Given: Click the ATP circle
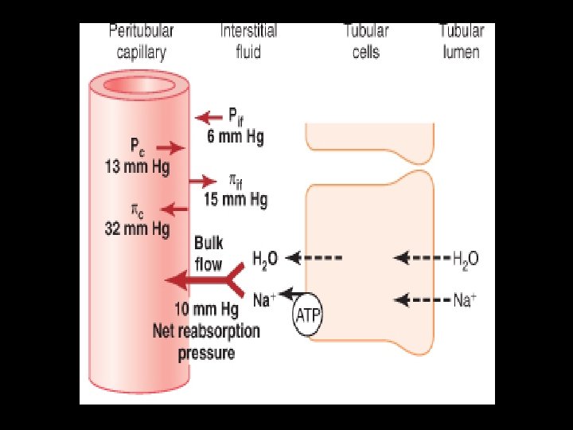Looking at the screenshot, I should point(307,316).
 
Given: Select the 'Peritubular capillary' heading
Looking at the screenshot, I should point(141,42).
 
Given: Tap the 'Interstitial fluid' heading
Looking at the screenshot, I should point(248,42).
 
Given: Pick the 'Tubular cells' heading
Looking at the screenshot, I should point(366,42).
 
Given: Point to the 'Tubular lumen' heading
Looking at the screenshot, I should point(462,42).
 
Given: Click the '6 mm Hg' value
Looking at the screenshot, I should point(236,136).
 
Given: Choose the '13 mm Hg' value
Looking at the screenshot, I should point(138,168).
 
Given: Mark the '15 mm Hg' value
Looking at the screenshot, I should point(236,199).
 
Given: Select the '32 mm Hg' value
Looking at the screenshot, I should point(138,230).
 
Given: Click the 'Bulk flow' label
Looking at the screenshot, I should point(209,252).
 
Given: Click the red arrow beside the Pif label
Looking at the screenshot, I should point(209,118).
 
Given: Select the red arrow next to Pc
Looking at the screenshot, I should point(171,148).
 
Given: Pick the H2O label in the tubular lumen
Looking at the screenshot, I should point(466,258).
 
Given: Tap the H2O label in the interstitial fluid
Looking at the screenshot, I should point(265,258).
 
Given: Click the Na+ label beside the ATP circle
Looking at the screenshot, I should point(264,300).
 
